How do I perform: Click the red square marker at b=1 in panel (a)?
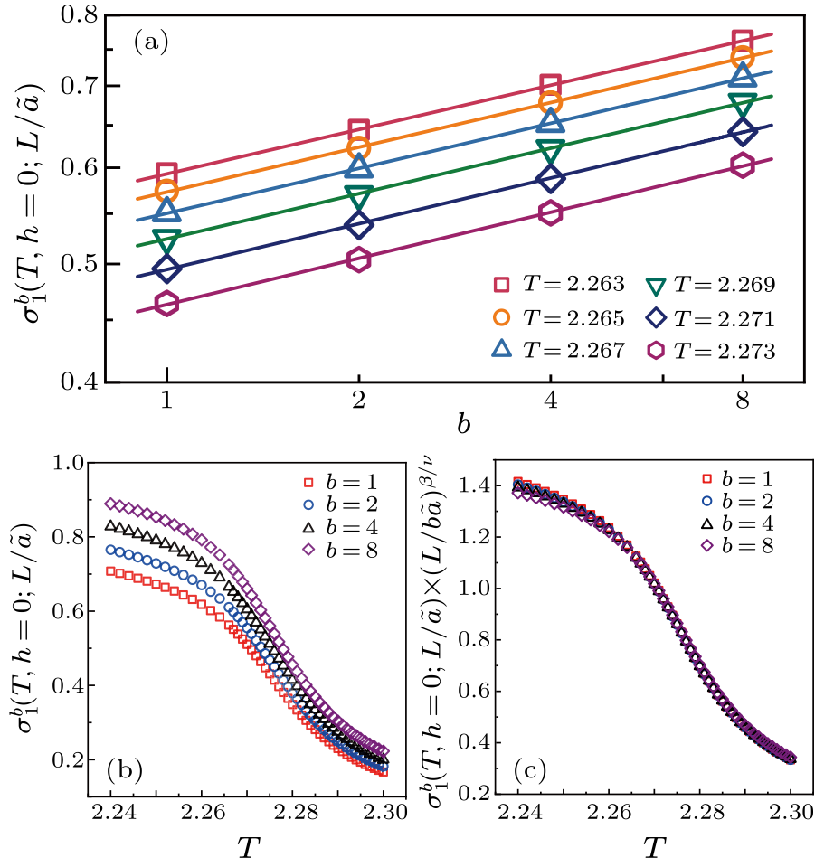(166, 174)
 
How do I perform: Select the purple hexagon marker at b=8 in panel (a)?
(742, 165)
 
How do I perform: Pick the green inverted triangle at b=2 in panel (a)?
(359, 196)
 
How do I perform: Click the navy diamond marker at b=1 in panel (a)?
(166, 269)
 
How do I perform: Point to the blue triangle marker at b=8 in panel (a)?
(742, 75)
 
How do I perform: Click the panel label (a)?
(151, 42)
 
